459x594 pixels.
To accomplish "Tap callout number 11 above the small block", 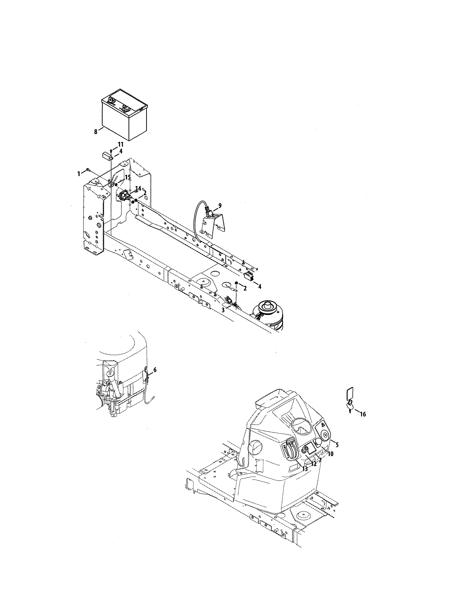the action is click(120, 144).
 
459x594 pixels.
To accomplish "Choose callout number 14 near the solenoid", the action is click(138, 188).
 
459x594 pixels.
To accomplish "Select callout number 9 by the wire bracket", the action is click(220, 205).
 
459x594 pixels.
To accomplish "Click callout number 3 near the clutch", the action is click(223, 310).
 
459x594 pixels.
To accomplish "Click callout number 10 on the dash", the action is click(330, 454).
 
